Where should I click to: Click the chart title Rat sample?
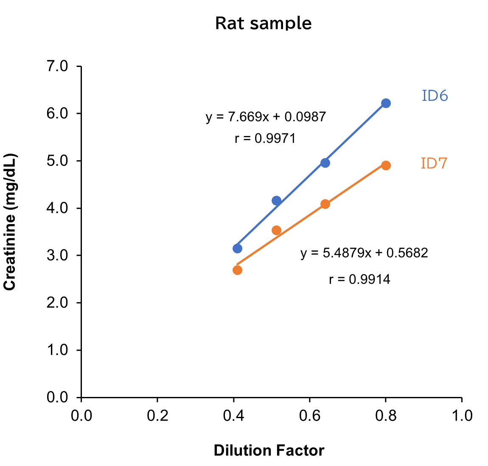coord(263,23)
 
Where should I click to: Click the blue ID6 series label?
coord(435,96)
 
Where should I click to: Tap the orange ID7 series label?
coord(434,164)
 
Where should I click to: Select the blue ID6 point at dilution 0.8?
coord(386,103)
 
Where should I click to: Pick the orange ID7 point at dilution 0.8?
coord(386,165)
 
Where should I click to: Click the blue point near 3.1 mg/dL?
coord(237,248)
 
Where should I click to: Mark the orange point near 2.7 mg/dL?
coord(237,270)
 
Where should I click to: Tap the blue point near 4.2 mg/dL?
coord(276,200)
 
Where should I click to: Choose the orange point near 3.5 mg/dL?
coord(276,230)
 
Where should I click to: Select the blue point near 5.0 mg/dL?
coord(325,163)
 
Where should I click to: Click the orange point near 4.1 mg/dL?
coord(325,204)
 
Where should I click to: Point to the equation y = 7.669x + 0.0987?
coord(266,116)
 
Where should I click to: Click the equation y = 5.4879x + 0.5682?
coord(364,253)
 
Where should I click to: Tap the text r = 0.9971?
coord(265,139)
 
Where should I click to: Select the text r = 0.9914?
coord(359,279)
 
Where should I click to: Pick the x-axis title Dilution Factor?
coord(269,450)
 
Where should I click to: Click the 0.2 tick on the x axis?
coord(157,416)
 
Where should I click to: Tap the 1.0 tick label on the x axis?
coord(462,416)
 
